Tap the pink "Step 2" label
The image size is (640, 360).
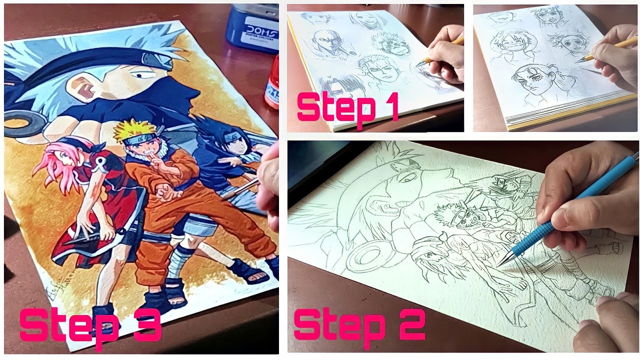[x=359, y=324]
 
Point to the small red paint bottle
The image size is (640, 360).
[x=272, y=85]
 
